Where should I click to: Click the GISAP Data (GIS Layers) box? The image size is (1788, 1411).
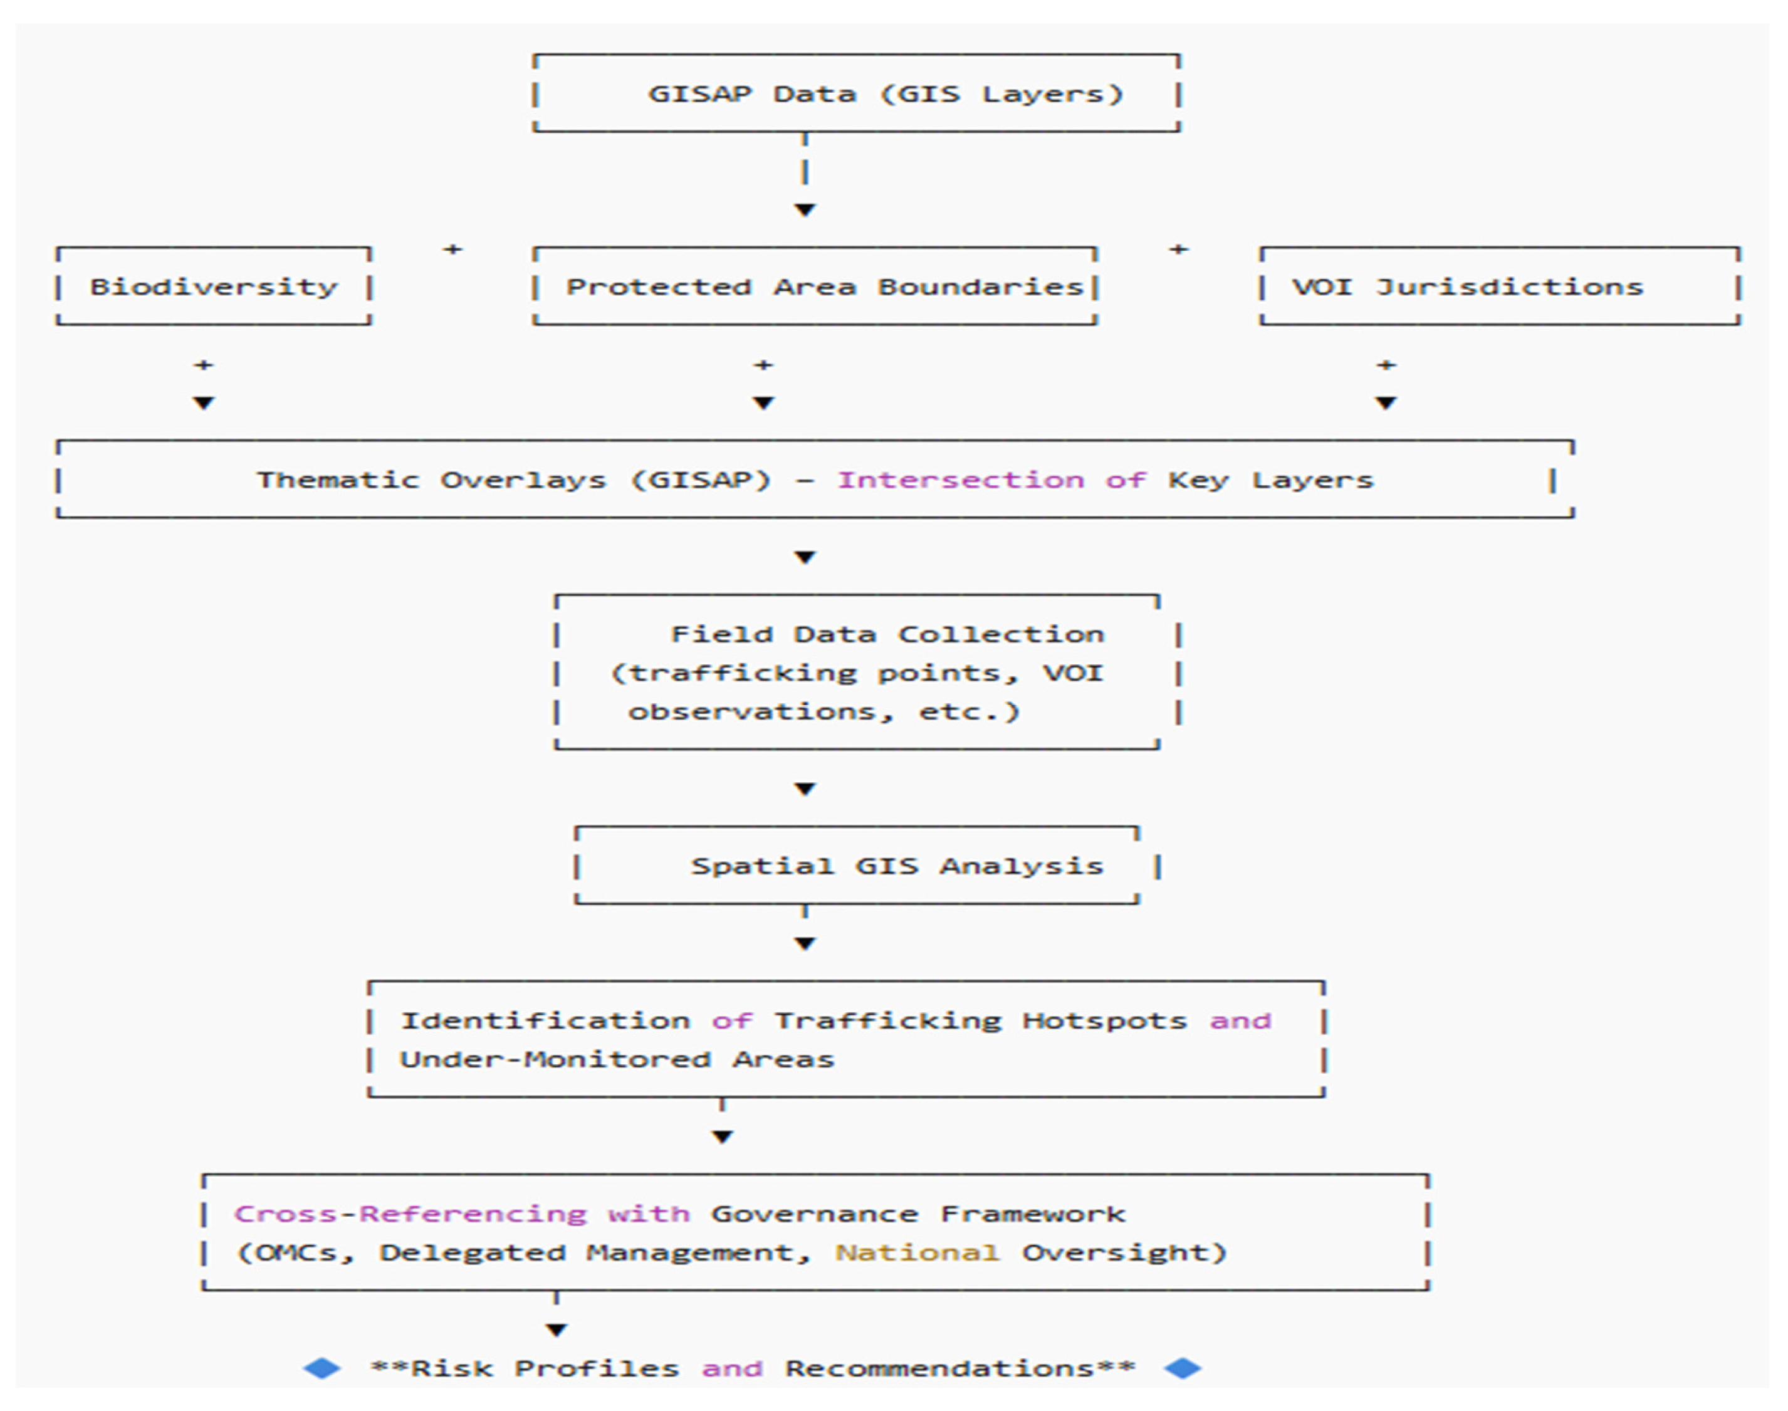(x=857, y=93)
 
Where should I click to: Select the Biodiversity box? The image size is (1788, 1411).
(x=213, y=286)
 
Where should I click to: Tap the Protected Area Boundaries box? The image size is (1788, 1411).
(x=815, y=286)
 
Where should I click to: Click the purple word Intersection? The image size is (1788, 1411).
(x=961, y=480)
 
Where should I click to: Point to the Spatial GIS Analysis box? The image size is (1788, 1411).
(x=857, y=866)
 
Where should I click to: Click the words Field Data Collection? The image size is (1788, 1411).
(x=887, y=634)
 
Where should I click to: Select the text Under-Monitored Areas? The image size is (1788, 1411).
(x=617, y=1059)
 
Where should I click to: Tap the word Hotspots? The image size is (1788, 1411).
(x=1104, y=1021)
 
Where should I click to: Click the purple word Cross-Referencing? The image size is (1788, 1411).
(x=410, y=1214)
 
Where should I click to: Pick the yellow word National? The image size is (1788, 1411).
(x=917, y=1252)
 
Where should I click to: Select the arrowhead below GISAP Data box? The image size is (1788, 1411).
(x=805, y=210)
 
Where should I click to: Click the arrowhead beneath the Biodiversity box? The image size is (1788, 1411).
(x=204, y=403)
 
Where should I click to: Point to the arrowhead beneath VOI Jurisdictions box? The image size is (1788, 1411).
(x=1386, y=403)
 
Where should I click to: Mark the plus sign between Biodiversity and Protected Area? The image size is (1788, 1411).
(x=452, y=249)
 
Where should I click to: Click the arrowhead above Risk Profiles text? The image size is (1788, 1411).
(x=557, y=1330)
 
